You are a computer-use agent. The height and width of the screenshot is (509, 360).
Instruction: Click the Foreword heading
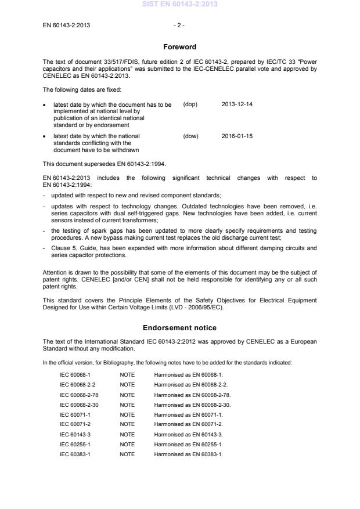(179, 46)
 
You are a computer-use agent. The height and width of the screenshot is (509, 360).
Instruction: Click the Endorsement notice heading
(179, 327)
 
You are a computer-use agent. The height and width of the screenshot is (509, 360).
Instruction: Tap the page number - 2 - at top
(179, 25)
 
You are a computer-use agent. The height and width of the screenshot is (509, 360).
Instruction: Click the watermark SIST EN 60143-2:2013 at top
(179, 5)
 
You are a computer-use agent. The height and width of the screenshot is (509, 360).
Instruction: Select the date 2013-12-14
(237, 104)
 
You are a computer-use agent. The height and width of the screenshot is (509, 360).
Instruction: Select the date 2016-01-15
(237, 136)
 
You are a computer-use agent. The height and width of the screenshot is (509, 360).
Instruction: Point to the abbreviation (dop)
(190, 104)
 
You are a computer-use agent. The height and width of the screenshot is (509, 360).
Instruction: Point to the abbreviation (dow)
(190, 136)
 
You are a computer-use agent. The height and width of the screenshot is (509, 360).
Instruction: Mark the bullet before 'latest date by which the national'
(45, 136)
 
